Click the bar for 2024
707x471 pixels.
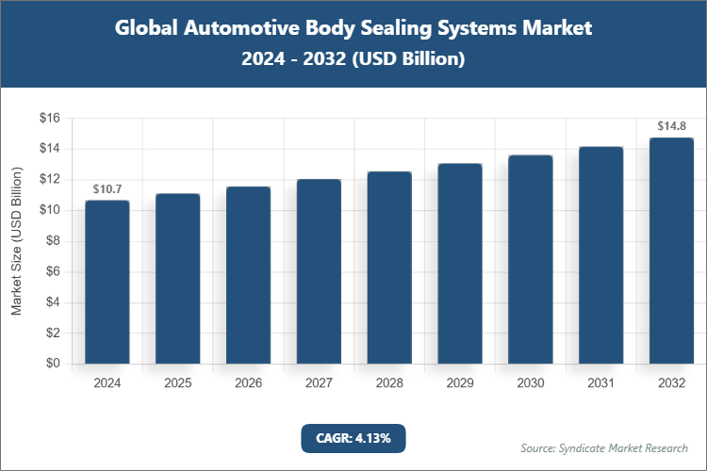(x=107, y=282)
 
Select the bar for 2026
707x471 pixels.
(x=248, y=275)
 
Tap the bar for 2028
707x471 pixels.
(x=389, y=268)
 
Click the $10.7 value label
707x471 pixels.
(x=107, y=189)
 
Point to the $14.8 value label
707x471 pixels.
(x=671, y=126)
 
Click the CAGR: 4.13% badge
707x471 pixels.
(x=353, y=437)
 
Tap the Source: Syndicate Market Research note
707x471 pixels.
(x=604, y=447)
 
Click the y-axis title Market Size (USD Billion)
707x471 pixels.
(x=17, y=241)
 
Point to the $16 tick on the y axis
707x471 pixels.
(x=49, y=118)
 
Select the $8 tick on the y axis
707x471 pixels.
(x=53, y=241)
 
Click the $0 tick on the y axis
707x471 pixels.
(x=53, y=364)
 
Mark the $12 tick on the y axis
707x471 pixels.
(x=49, y=179)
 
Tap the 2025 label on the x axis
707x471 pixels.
(x=178, y=383)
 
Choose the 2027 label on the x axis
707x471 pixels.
(x=319, y=383)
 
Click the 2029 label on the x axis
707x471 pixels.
(x=460, y=383)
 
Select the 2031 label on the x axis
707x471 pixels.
(x=600, y=383)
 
